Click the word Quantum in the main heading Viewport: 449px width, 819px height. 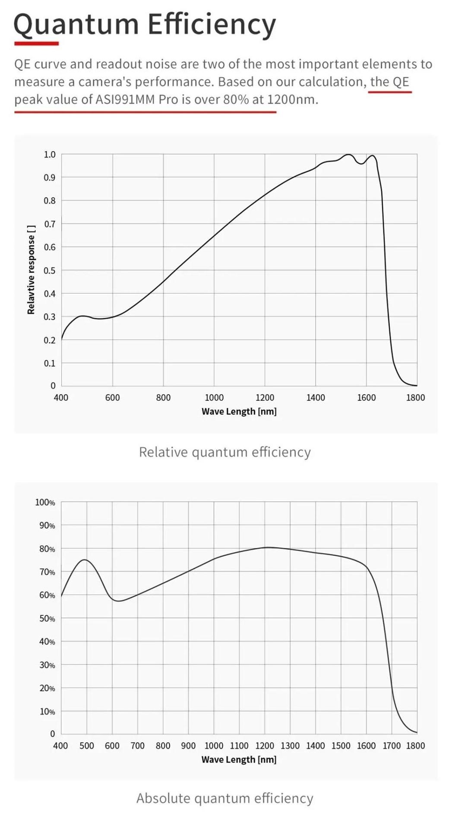click(76, 25)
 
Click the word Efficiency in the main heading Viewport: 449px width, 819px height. click(212, 25)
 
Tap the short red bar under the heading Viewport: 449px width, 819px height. click(36, 43)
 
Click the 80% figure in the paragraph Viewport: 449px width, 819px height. click(236, 100)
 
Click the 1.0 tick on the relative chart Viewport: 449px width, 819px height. click(50, 155)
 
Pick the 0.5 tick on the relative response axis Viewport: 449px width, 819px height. click(50, 271)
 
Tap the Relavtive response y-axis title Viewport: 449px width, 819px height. click(31, 270)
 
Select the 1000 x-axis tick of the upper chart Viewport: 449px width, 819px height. click(214, 398)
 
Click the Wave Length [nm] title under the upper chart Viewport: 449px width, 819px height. click(239, 411)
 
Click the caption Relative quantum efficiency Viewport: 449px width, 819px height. click(224, 452)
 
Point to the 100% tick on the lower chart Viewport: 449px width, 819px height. click(45, 503)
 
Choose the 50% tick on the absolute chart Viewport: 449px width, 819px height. click(47, 619)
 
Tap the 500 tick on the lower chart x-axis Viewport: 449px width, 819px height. click(86, 746)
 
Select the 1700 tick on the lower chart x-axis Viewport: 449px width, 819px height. click(392, 746)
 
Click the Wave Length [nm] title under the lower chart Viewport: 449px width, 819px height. click(239, 759)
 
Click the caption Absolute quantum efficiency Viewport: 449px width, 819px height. click(224, 798)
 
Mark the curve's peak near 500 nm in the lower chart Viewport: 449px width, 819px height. click(85, 560)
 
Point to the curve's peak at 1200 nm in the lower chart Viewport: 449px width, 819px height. click(267, 547)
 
